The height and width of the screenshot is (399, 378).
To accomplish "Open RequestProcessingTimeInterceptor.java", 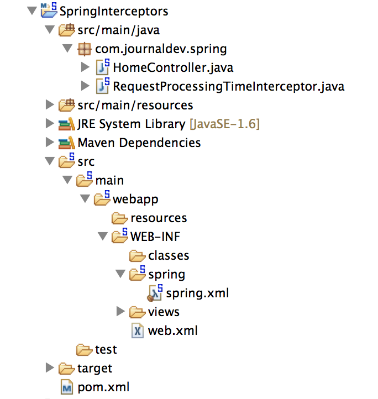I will tap(228, 87).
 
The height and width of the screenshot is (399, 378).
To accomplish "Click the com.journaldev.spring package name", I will tap(161, 49).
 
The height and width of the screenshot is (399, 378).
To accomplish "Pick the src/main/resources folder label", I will tap(135, 105).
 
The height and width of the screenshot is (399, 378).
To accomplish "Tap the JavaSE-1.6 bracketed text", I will tap(224, 124).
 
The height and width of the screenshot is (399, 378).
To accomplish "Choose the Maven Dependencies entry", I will tap(139, 143).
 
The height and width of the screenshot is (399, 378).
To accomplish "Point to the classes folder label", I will tap(169, 255).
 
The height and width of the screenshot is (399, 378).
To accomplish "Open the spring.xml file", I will tap(197, 293).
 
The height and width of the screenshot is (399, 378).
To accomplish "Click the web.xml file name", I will tap(173, 330).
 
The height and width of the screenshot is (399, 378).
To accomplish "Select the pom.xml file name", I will tap(103, 387).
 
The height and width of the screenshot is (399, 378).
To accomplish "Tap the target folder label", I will tap(95, 368).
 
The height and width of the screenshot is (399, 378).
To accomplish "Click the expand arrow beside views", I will tap(121, 312).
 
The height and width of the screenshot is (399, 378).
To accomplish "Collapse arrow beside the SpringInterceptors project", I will tap(31, 11).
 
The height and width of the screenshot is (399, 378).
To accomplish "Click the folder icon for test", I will tap(84, 349).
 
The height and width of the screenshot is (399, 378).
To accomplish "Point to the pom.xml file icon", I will tap(67, 387).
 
